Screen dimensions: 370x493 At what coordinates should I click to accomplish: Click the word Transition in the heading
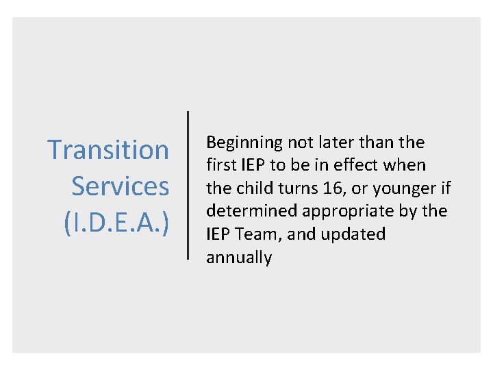pos(108,149)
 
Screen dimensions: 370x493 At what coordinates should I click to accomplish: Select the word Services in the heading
pos(120,186)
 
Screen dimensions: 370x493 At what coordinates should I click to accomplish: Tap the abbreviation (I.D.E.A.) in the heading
pos(116,223)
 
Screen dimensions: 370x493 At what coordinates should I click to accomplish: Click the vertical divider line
pos(188,185)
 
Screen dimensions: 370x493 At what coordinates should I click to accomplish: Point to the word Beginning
pos(244,143)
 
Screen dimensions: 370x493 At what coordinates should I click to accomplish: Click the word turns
pos(294,188)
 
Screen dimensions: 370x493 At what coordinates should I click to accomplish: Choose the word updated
pos(353,235)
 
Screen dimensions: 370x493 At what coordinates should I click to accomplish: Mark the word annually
pos(239,258)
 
